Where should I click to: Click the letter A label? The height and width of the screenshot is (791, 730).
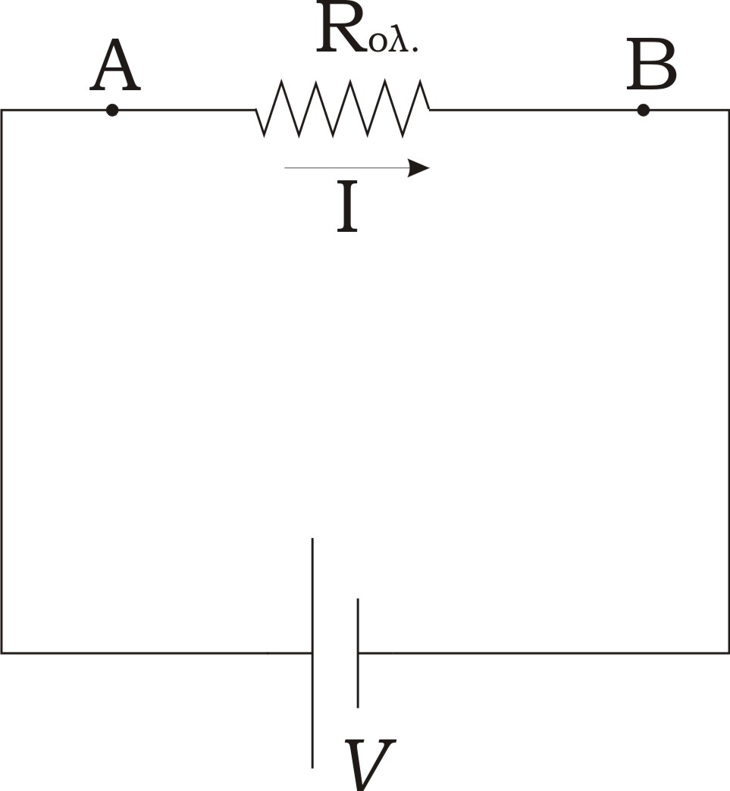(x=115, y=66)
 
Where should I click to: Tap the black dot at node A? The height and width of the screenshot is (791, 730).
(x=112, y=110)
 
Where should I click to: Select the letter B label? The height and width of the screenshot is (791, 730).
(x=651, y=64)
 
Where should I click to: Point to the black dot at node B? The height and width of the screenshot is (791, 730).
(x=643, y=110)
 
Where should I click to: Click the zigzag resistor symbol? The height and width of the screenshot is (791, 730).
(x=343, y=108)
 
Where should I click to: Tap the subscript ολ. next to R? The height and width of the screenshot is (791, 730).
(x=393, y=43)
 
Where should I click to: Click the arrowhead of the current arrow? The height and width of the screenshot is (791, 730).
(x=418, y=168)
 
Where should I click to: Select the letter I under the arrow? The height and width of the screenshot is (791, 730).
(x=347, y=207)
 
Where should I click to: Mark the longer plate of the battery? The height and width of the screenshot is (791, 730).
(x=312, y=653)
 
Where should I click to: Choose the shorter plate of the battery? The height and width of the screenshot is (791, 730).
(x=358, y=653)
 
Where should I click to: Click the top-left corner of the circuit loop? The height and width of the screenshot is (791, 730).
(x=2, y=110)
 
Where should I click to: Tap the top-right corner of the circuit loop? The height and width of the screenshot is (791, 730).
(x=728, y=110)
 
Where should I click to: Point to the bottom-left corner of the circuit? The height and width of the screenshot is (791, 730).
(x=2, y=653)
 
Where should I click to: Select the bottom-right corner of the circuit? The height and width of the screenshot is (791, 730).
(x=728, y=653)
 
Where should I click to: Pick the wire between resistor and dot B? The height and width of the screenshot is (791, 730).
(x=533, y=109)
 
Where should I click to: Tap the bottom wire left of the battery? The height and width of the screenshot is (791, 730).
(x=156, y=653)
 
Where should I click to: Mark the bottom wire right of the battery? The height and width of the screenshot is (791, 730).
(x=544, y=653)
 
